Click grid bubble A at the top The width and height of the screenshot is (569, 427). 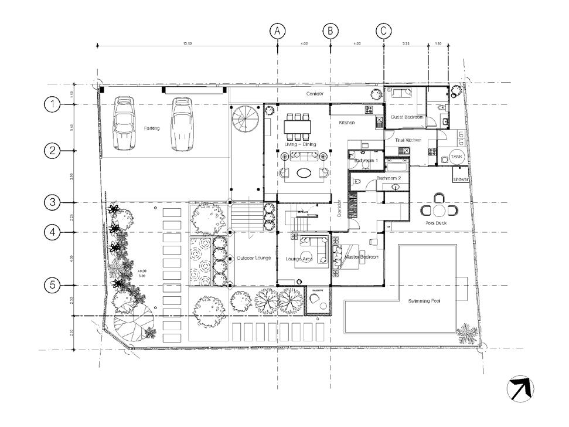[x=278, y=30]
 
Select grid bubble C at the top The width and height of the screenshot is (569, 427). [x=384, y=30]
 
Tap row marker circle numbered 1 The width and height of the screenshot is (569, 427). [x=53, y=104]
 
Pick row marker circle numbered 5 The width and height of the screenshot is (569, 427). [x=53, y=286]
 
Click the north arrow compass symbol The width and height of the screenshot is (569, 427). [x=521, y=389]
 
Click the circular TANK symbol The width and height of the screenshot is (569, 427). [x=456, y=157]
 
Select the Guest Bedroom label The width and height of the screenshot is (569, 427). [x=406, y=117]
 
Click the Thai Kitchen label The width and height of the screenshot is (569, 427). [x=408, y=140]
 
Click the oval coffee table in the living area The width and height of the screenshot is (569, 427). [x=303, y=172]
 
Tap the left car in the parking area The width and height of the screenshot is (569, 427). [x=125, y=123]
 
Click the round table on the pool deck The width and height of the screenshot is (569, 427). [x=439, y=210]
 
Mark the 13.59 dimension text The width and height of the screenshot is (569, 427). [x=188, y=44]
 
